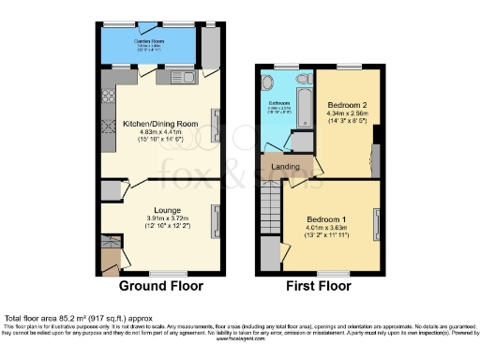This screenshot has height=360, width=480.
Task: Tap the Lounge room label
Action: click(156, 211)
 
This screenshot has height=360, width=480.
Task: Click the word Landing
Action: click(285, 167)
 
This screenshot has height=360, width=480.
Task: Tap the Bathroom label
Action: click(279, 103)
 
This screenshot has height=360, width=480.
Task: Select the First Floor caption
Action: click(319, 285)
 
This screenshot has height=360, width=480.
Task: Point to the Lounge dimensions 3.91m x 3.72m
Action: click(156, 219)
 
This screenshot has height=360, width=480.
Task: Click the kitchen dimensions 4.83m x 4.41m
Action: click(156, 131)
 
